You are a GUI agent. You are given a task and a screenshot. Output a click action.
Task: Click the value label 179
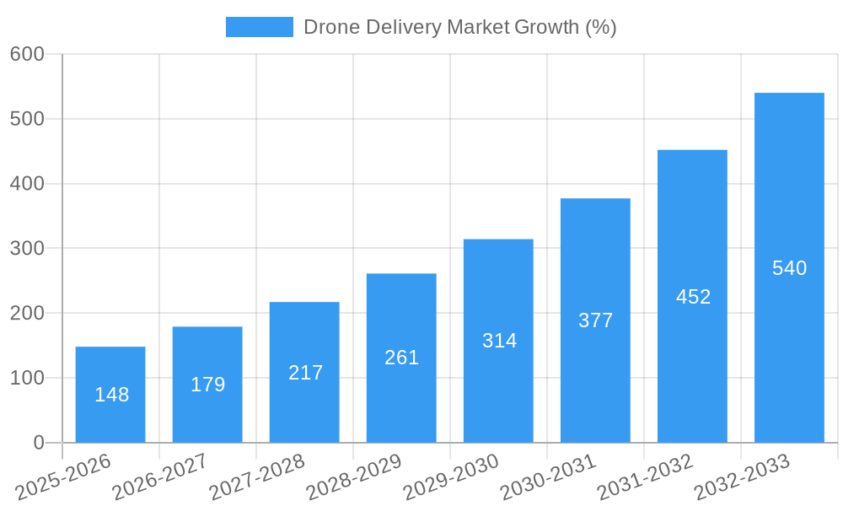click(207, 385)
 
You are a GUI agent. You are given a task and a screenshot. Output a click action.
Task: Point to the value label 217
click(305, 373)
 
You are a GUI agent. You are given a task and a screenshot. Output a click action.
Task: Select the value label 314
click(499, 341)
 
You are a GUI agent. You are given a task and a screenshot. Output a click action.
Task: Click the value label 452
click(693, 297)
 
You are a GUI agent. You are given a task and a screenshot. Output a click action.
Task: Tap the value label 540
click(789, 268)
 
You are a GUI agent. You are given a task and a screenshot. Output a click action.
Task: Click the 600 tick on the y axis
click(27, 54)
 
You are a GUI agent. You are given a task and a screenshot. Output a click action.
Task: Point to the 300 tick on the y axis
click(27, 248)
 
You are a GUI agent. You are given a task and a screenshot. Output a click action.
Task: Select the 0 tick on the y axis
click(38, 443)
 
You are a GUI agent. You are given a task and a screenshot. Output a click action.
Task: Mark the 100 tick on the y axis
click(27, 378)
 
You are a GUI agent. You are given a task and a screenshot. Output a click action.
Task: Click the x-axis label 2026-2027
click(160, 476)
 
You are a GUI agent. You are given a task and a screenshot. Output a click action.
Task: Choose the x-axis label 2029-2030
click(451, 476)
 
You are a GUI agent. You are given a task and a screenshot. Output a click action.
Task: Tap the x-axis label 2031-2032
click(645, 476)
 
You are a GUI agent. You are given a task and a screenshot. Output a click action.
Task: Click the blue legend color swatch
click(259, 27)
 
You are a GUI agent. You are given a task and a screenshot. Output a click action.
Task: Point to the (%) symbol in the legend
click(600, 27)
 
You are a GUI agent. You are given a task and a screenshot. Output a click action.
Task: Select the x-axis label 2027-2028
click(257, 476)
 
